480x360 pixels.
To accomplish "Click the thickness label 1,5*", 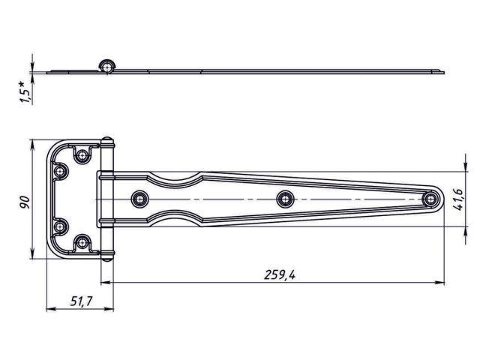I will (25, 91).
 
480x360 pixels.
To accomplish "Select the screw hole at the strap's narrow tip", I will (431, 199).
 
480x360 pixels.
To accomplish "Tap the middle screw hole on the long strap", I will (283, 199).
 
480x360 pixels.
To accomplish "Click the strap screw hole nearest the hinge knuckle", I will (138, 199).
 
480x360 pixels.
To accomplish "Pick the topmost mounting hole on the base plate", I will (81, 156).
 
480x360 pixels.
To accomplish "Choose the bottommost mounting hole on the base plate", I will (81, 241).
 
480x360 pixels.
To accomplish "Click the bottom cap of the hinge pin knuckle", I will (108, 256).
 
